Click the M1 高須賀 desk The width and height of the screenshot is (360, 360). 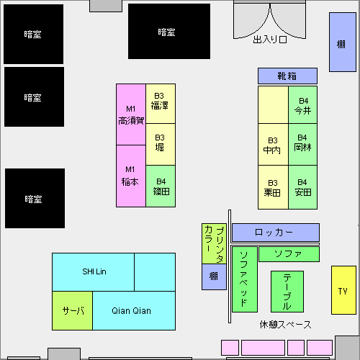point(131,114)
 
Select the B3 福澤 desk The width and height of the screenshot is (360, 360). point(161,104)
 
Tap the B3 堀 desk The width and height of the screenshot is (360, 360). point(161,145)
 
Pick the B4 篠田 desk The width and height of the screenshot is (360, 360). point(161,186)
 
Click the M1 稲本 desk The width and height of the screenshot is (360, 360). point(131,176)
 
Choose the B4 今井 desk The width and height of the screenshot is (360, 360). point(303,105)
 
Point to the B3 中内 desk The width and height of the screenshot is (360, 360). point(273,145)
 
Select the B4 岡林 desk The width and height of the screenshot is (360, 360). point(303,145)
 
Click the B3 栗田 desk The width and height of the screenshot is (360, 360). point(273,187)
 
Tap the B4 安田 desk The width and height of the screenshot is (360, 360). point(303,187)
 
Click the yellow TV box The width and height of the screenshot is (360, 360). point(343,290)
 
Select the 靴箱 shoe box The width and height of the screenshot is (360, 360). point(287,76)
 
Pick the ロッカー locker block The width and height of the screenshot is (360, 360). point(276,233)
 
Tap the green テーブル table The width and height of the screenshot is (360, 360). point(287,292)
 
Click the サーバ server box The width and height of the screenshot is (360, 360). point(72,311)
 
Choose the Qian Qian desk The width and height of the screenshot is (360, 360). point(134,311)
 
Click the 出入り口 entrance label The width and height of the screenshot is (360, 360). point(270,40)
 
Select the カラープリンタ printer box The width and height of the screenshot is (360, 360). point(214,243)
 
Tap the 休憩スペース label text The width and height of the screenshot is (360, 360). point(285,325)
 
